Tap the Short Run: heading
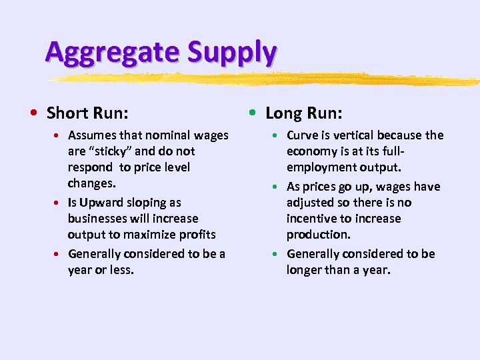coord(87,112)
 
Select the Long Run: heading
coord(304,112)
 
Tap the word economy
coord(311,151)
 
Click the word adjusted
coord(311,203)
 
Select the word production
coord(317,235)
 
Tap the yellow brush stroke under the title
coord(267,79)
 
